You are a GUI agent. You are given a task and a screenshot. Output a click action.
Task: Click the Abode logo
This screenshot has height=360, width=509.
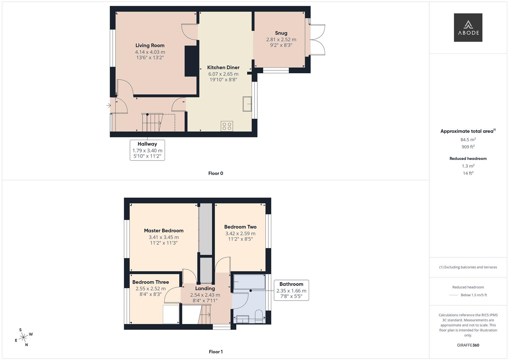[x=468, y=28]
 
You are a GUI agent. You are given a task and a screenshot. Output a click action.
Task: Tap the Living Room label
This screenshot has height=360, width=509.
[x=150, y=45]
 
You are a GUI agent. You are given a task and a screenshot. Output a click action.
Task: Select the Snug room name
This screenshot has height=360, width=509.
[x=281, y=33]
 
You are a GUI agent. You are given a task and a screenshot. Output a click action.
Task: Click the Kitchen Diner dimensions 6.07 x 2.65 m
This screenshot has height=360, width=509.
[x=223, y=74]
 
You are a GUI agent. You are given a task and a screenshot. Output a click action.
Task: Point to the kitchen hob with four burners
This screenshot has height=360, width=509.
[x=227, y=126]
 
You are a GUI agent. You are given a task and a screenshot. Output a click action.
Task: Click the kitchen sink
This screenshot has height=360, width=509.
[x=247, y=104]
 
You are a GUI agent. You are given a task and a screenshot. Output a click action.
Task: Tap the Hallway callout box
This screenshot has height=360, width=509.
[x=147, y=150]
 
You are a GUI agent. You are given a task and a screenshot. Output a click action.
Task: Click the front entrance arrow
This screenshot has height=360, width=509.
[x=109, y=106]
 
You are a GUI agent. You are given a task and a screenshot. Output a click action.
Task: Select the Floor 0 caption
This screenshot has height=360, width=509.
[x=216, y=173]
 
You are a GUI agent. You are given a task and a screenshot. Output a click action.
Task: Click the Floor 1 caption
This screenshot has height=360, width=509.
[x=216, y=352]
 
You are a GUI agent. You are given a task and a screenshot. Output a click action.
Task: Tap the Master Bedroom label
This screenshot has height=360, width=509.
[x=164, y=231]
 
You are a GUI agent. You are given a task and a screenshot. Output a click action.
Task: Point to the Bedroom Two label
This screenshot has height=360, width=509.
[x=240, y=227]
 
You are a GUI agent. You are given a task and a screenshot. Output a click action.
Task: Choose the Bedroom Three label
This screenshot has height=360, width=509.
[x=150, y=282]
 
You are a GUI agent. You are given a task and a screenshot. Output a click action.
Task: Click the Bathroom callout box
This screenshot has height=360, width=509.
[x=291, y=290]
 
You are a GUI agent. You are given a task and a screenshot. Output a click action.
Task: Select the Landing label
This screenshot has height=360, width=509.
[x=205, y=288]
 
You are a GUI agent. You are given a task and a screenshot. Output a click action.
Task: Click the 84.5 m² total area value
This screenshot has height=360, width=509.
[x=468, y=140]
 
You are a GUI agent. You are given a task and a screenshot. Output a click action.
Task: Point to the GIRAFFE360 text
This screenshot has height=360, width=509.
[x=468, y=345]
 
